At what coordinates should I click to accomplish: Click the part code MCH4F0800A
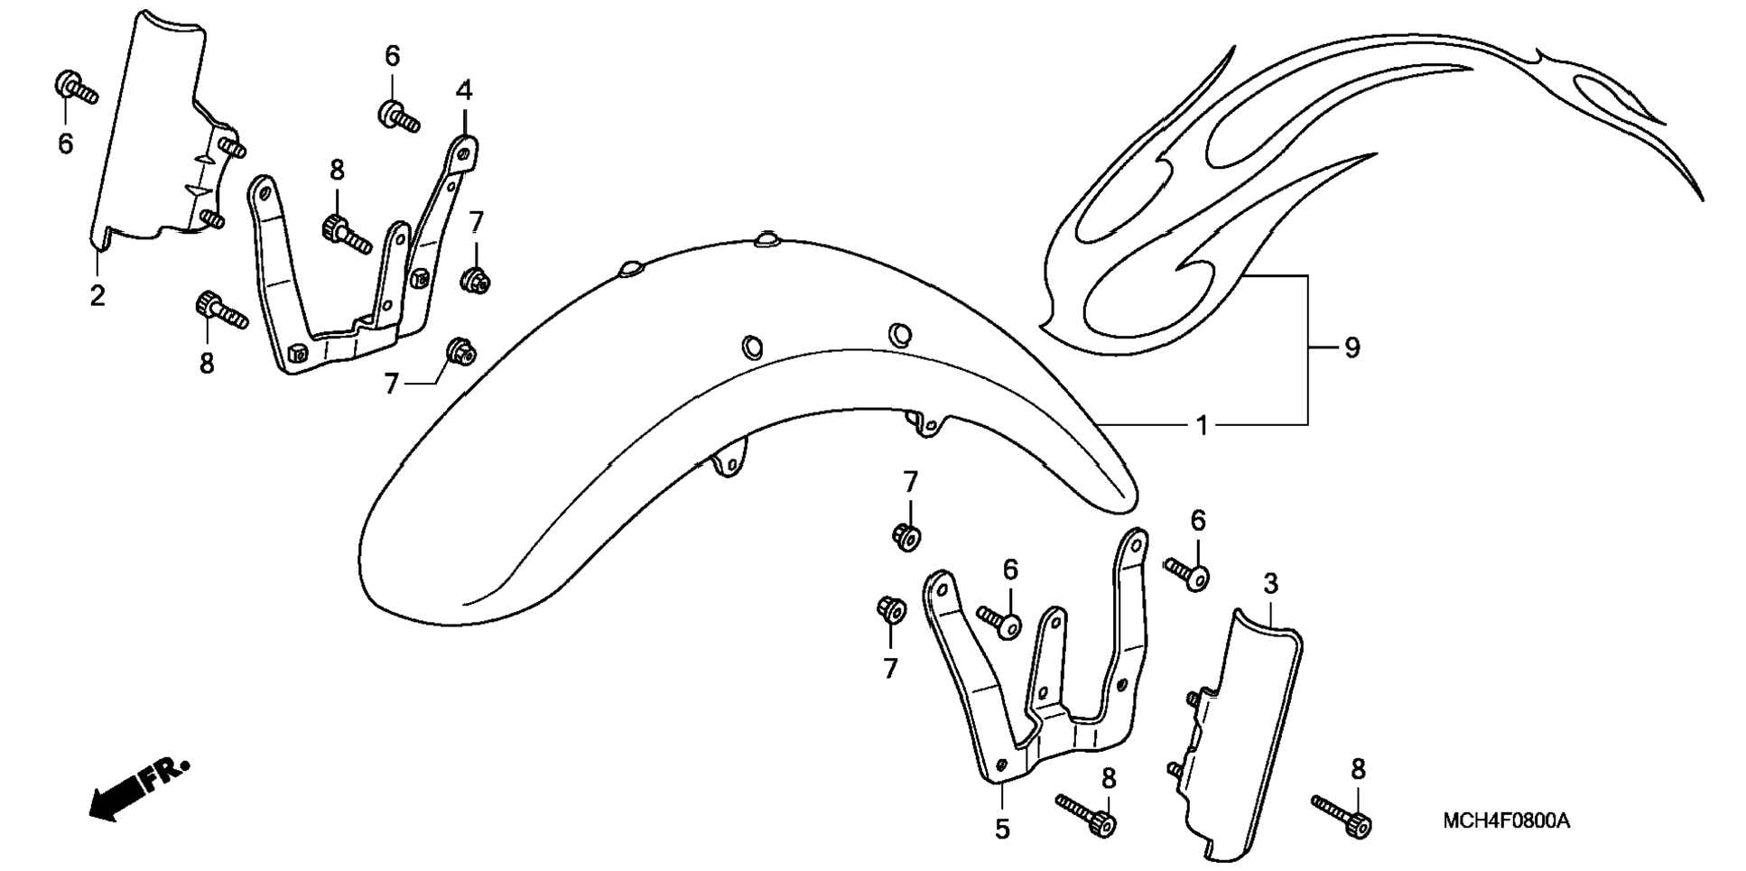1506,821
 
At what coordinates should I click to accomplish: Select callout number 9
1351,347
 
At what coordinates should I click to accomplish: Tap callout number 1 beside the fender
1202,424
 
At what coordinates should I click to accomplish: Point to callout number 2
98,295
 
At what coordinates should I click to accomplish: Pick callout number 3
1270,584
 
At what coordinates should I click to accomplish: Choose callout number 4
463,90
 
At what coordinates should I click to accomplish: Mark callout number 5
1002,829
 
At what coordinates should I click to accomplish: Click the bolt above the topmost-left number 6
76,88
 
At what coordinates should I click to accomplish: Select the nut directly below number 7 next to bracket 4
475,279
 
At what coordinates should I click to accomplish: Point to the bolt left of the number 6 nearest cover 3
1185,572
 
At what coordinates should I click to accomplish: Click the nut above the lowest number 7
891,610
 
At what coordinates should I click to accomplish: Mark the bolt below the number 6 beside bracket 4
398,116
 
